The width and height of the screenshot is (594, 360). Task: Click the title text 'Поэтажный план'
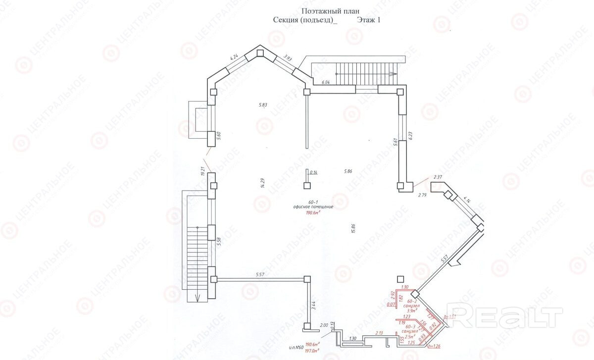330,11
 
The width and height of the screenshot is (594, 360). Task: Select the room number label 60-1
312,202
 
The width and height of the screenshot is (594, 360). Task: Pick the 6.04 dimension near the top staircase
326,82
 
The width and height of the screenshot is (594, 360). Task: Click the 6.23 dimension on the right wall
410,135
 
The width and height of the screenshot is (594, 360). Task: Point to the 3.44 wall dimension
313,306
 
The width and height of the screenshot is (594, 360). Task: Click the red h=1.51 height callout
449,316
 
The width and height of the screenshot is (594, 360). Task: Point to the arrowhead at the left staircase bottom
197,298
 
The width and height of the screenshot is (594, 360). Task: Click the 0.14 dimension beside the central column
313,172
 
